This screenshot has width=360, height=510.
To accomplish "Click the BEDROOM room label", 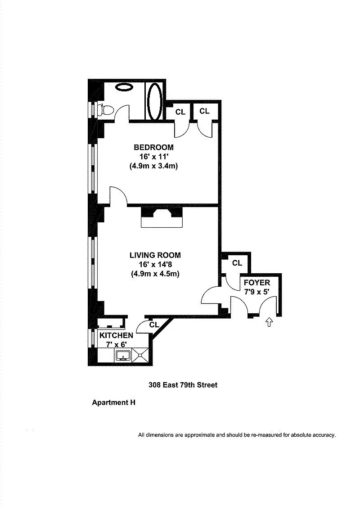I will [x=153, y=147].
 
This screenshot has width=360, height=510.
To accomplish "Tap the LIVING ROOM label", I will [x=155, y=255].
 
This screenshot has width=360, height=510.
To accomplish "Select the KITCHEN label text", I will [x=116, y=336].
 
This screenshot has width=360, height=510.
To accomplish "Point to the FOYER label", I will [x=256, y=283].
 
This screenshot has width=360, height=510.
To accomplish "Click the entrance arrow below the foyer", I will [x=269, y=322].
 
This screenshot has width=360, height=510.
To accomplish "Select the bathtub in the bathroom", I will [x=154, y=100].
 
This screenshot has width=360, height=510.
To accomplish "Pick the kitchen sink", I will [x=123, y=356].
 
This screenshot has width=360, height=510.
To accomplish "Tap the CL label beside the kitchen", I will [x=154, y=324].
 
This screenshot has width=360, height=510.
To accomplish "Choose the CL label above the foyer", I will [x=237, y=263].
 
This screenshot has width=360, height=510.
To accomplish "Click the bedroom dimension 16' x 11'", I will [x=153, y=157].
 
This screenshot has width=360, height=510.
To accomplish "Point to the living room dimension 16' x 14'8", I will [x=155, y=265].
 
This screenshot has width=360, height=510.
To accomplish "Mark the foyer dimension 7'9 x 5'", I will [x=256, y=291].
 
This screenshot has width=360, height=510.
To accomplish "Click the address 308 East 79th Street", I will [x=183, y=385].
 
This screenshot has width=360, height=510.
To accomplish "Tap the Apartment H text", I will [x=113, y=402].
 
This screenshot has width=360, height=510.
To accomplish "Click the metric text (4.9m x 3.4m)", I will [x=153, y=166].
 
